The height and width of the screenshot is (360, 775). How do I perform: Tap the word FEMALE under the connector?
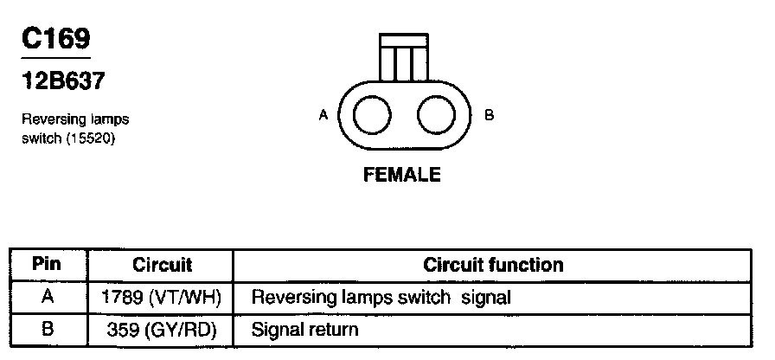[x=402, y=175]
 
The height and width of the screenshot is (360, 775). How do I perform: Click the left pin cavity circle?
[x=372, y=115]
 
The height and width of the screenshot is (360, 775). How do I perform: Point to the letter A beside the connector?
[x=323, y=115]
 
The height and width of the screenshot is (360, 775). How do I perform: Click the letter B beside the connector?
[x=489, y=115]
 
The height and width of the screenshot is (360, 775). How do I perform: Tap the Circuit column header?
[x=162, y=264]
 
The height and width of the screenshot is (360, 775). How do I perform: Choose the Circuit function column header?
[x=493, y=264]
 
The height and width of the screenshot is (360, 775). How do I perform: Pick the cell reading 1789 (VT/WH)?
[x=162, y=298]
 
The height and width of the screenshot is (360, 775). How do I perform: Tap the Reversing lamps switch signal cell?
[x=381, y=298]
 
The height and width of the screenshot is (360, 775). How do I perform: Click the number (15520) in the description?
[x=91, y=137]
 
